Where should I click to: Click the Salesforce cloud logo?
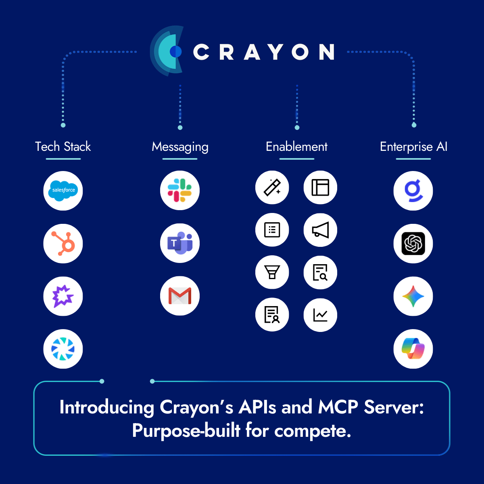[63, 190]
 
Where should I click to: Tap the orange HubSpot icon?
[63, 244]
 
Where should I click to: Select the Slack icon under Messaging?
[180, 190]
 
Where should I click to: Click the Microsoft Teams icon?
[180, 243]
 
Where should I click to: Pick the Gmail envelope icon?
[180, 296]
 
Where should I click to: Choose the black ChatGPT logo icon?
[413, 244]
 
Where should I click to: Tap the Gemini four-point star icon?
[413, 296]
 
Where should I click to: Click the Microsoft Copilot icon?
[413, 349]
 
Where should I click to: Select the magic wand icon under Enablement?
[272, 188]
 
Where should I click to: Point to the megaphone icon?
[320, 230]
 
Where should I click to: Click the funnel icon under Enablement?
[272, 272]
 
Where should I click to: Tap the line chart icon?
[320, 315]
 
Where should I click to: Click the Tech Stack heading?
[63, 146]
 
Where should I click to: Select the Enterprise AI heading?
[413, 146]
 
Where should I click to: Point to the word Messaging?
[180, 147]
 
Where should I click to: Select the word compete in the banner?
[313, 431]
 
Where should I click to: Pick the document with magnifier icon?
[320, 272]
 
